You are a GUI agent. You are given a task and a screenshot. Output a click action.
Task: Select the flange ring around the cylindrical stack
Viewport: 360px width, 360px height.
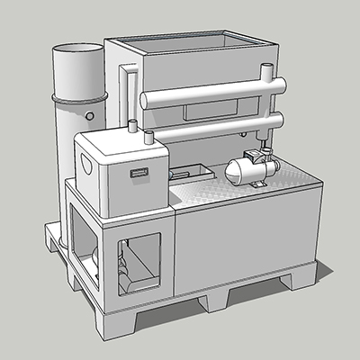(x=79, y=94)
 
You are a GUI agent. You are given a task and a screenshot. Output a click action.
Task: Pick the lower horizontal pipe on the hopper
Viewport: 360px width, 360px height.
(x=211, y=126)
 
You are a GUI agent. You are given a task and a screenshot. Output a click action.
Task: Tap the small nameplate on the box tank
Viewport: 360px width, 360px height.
(x=138, y=172)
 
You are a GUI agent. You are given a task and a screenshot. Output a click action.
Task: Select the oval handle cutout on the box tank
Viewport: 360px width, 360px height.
(x=86, y=166)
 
